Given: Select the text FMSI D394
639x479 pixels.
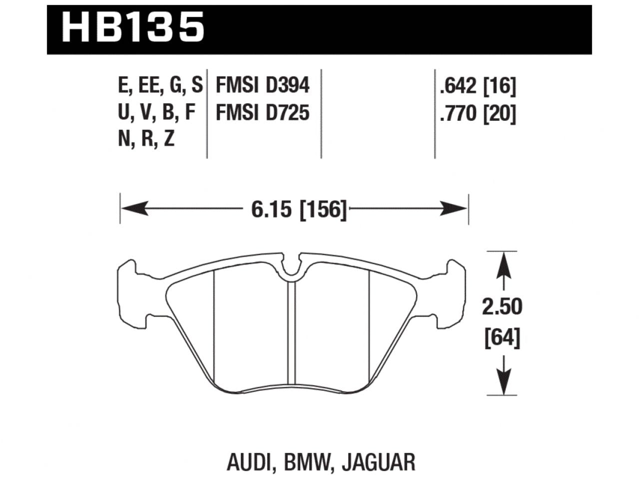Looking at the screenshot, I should pyautogui.click(x=262, y=86).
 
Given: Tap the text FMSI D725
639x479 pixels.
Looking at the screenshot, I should pyautogui.click(x=262, y=113).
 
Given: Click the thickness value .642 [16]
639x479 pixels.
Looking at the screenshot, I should pyautogui.click(x=477, y=87).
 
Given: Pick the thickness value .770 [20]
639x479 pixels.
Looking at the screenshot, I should pyautogui.click(x=477, y=114).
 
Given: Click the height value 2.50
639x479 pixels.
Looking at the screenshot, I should pyautogui.click(x=502, y=307).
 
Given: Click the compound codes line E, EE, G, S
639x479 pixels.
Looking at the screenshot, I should pyautogui.click(x=160, y=86).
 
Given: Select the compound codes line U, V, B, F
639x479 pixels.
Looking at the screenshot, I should pyautogui.click(x=156, y=113).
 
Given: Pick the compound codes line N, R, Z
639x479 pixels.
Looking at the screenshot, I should pyautogui.click(x=146, y=140).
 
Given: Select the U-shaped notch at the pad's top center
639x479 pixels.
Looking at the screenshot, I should pyautogui.click(x=294, y=268).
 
